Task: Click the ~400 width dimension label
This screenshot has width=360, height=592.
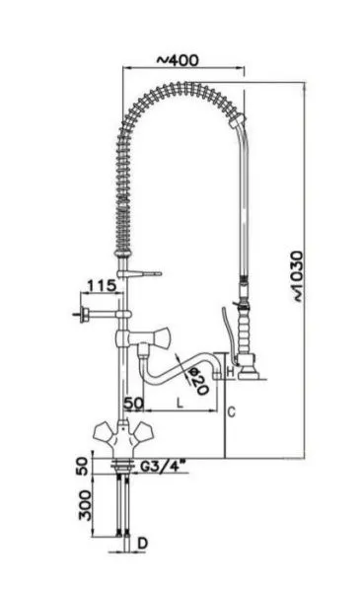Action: pos(180,60)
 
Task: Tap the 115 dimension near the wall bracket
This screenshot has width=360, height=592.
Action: pos(102,286)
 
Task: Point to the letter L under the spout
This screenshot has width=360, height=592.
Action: pos(180,403)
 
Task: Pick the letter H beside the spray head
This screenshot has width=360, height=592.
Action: pos(229,371)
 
